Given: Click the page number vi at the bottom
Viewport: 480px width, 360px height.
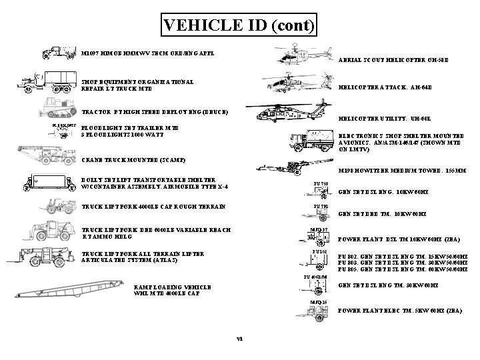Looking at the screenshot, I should [239, 338].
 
